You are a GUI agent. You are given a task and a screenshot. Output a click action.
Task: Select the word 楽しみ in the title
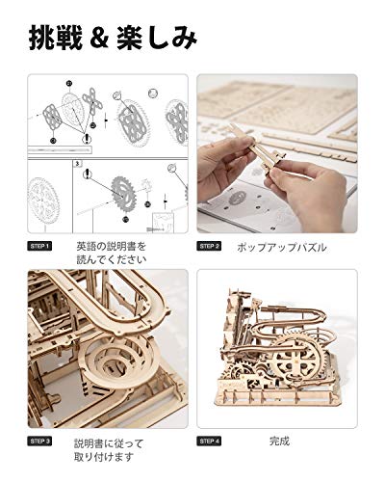pyautogui.click(x=167, y=40)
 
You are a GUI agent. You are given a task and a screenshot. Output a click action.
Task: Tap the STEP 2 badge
pyautogui.click(x=209, y=247)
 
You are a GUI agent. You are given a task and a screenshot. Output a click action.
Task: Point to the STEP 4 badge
pyautogui.click(x=209, y=442)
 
